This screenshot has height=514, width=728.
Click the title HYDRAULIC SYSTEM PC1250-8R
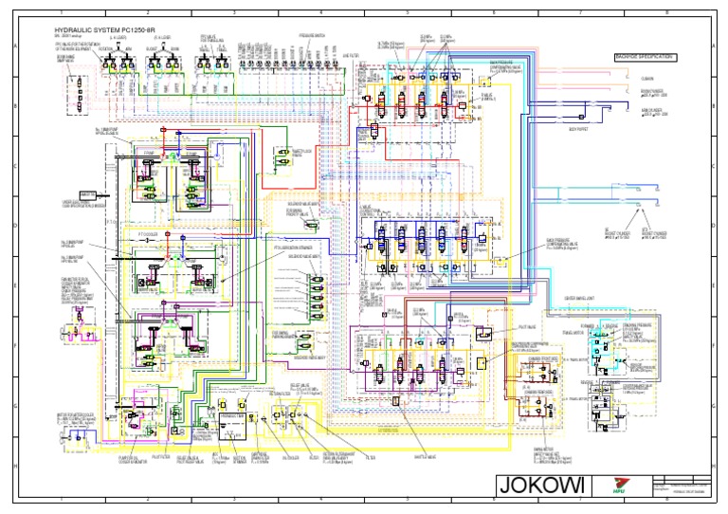[100, 30]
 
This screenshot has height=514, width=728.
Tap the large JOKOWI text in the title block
[542, 486]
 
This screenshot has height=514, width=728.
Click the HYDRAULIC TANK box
[231, 418]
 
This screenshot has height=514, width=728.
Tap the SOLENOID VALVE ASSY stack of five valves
[309, 295]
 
